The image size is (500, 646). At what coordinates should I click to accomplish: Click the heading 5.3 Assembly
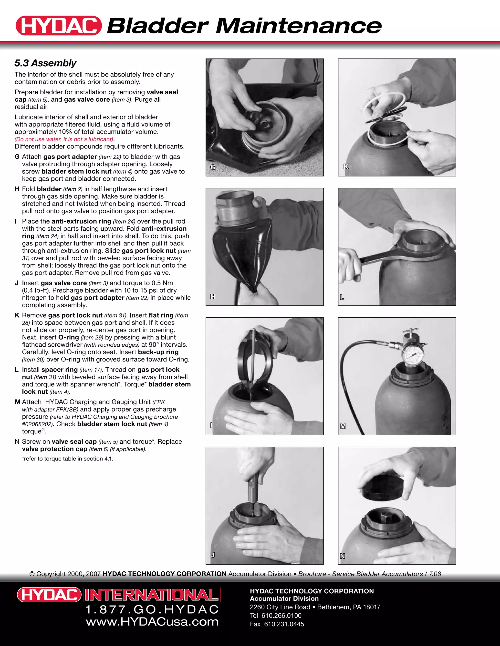click(45, 63)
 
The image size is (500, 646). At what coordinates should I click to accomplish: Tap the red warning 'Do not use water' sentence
click(64, 139)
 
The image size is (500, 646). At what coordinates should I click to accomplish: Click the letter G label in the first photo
click(213, 167)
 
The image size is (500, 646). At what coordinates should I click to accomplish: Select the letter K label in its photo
click(346, 166)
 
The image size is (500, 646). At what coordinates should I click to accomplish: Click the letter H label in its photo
click(213, 297)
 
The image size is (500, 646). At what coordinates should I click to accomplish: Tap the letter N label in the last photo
click(343, 556)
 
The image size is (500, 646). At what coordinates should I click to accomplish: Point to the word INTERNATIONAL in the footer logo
click(152, 595)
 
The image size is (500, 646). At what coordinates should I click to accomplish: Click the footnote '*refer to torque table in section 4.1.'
click(68, 459)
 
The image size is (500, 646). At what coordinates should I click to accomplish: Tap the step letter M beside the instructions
click(17, 402)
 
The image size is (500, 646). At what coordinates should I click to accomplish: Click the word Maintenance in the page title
click(298, 26)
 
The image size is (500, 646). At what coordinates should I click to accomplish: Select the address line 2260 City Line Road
click(280, 607)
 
